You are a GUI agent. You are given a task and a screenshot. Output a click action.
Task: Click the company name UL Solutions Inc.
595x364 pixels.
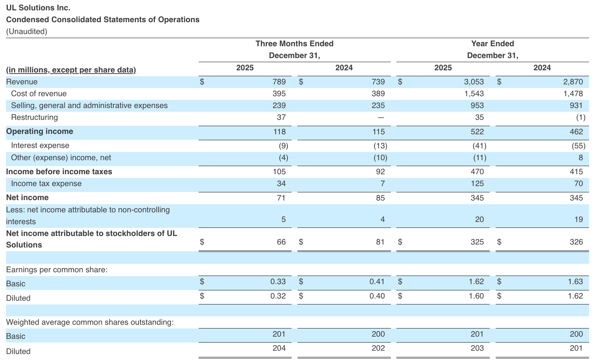click(38, 8)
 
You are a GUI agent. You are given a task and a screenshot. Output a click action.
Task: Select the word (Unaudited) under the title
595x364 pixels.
click(27, 31)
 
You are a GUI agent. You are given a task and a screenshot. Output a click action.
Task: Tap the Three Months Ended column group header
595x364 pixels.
click(294, 44)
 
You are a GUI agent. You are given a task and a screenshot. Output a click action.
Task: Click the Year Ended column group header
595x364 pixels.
click(492, 44)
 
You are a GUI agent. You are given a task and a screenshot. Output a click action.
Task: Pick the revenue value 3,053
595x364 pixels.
click(474, 82)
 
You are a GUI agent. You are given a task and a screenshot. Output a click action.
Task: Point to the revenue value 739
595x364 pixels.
click(378, 82)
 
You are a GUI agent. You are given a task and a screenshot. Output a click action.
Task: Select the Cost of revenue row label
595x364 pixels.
click(39, 94)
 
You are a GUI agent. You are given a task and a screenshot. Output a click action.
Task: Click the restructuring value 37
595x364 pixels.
click(281, 117)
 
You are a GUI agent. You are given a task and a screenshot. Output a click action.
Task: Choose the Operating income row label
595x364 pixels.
click(40, 131)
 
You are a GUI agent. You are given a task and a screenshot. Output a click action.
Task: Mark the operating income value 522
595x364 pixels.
click(477, 132)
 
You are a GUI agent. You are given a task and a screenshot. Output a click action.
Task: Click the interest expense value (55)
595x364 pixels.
click(579, 146)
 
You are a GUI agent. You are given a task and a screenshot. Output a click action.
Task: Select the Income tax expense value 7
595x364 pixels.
click(382, 183)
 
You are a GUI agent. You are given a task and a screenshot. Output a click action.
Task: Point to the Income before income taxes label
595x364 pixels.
click(59, 172)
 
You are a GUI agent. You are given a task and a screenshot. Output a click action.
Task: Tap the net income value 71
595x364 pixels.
click(281, 198)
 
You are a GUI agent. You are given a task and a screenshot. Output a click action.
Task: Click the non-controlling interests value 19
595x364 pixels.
click(578, 219)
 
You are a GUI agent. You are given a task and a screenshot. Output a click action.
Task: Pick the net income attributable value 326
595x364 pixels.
click(576, 242)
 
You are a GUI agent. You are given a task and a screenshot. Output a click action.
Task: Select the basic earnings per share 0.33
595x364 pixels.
click(278, 282)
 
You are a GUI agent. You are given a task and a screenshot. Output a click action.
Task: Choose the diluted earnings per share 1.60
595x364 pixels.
click(476, 296)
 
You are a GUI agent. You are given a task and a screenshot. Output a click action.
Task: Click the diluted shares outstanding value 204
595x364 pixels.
click(279, 348)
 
